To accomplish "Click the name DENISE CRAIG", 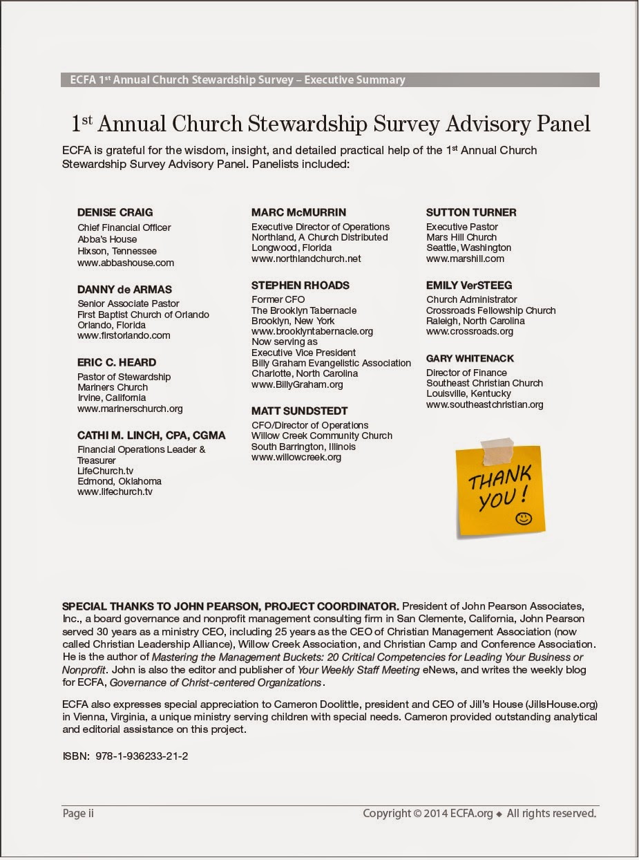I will click(115, 213).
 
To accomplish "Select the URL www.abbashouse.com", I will click(126, 263).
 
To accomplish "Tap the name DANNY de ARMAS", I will click(125, 289).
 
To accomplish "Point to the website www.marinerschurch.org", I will click(130, 409).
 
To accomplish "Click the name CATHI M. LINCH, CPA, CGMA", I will click(151, 436).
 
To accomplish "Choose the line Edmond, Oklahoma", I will click(120, 481).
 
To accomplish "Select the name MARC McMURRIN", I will click(298, 212).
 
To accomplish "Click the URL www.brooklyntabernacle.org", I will click(312, 331).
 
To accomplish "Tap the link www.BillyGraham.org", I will click(297, 384).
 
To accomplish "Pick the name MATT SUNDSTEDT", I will click(300, 411).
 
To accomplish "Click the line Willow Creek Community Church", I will click(322, 436).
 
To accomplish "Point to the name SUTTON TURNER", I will click(471, 212).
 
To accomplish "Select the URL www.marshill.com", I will click(465, 259).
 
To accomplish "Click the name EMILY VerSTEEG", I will click(469, 285).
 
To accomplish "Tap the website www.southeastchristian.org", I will click(485, 404).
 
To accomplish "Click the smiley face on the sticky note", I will click(523, 517).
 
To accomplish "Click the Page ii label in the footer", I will click(78, 814).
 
